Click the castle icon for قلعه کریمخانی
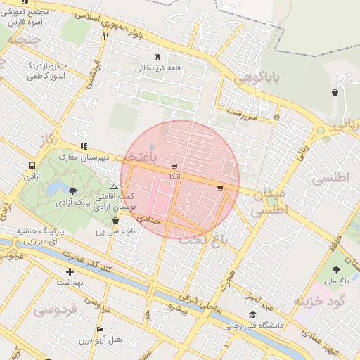pyautogui.click(x=157, y=58)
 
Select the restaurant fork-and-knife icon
pyautogui.click(x=105, y=37)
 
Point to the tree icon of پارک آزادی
pyautogui.click(x=72, y=191)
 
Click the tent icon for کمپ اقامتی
pyautogui.click(x=115, y=186)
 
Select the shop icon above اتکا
pyautogui.click(x=174, y=166)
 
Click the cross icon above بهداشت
pyautogui.click(x=69, y=271)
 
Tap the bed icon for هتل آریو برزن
pyautogui.click(x=100, y=329)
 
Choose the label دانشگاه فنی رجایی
pyautogui.click(x=253, y=326)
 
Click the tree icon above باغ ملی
pyautogui.click(x=335, y=270)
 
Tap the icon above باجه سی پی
pyautogui.click(x=115, y=219)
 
